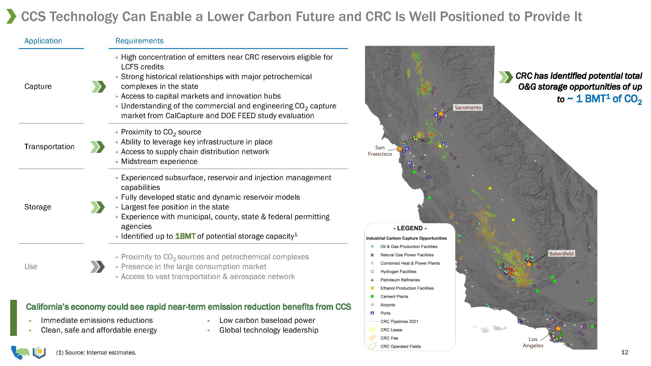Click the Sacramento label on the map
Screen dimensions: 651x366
click(468, 108)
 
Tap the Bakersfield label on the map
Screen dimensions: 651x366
click(561, 254)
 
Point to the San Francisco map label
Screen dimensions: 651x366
click(380, 151)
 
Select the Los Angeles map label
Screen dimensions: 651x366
click(533, 342)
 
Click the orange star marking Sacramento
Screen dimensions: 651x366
click(441, 114)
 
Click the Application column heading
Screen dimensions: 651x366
click(43, 41)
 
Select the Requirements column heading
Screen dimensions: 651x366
click(140, 41)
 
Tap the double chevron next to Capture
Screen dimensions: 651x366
click(99, 87)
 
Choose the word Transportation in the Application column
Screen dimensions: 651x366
click(49, 147)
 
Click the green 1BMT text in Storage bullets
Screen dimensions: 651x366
click(185, 236)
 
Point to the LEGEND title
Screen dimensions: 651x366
click(410, 228)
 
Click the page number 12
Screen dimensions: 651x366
click(625, 352)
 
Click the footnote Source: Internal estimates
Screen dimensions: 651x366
click(96, 353)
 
